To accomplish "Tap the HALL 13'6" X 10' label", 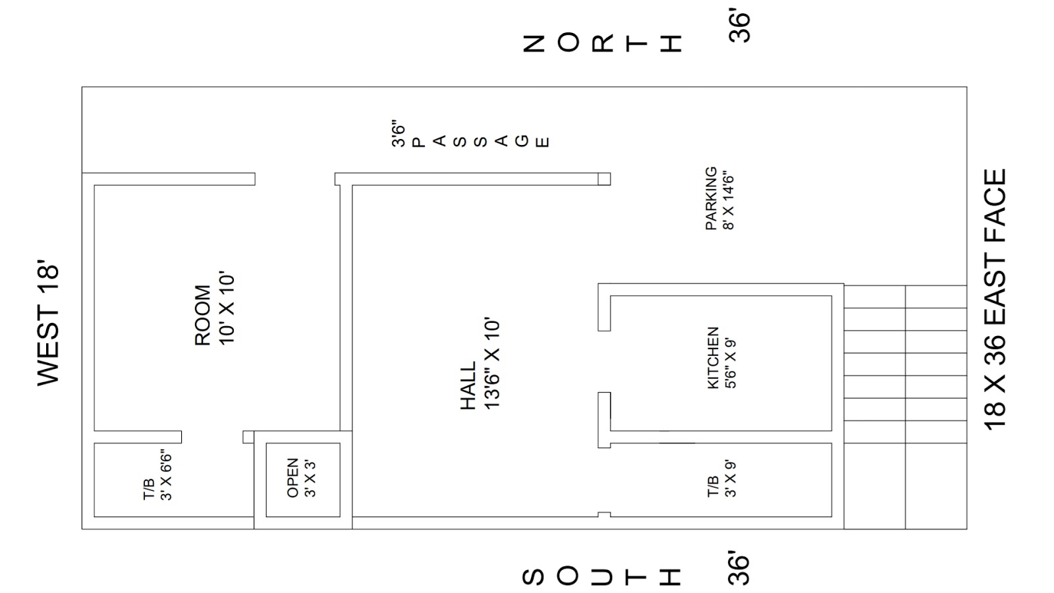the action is (480, 365).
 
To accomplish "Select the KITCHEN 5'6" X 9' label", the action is (721, 358).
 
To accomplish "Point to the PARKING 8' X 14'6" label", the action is (719, 198).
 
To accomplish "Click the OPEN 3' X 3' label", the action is (302, 478).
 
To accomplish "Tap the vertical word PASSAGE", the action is (480, 140).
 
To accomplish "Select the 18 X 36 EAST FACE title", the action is (995, 300).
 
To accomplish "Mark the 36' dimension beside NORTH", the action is (740, 26).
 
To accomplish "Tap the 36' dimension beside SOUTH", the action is (740, 569).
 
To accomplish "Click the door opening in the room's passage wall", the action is (294, 179).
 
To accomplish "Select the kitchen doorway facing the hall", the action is (604, 361).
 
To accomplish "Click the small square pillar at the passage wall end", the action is (604, 179).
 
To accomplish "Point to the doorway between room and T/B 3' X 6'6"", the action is (212, 437).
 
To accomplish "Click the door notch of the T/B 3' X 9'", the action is (604, 514).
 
